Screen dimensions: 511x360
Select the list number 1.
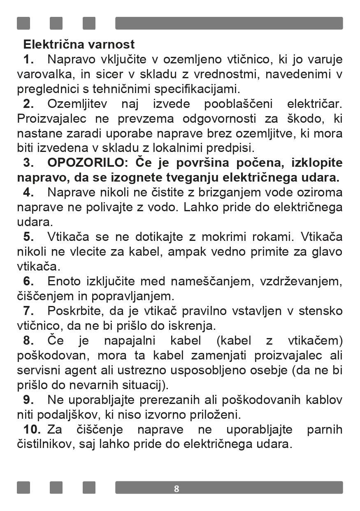pyautogui.click(x=28, y=59)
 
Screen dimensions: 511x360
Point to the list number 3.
pyautogui.click(x=28, y=163)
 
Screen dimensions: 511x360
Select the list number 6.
pyautogui.click(x=28, y=282)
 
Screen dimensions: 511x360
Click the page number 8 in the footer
pyautogui.click(x=177, y=489)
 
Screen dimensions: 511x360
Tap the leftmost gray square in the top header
pyautogui.click(x=23, y=23)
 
